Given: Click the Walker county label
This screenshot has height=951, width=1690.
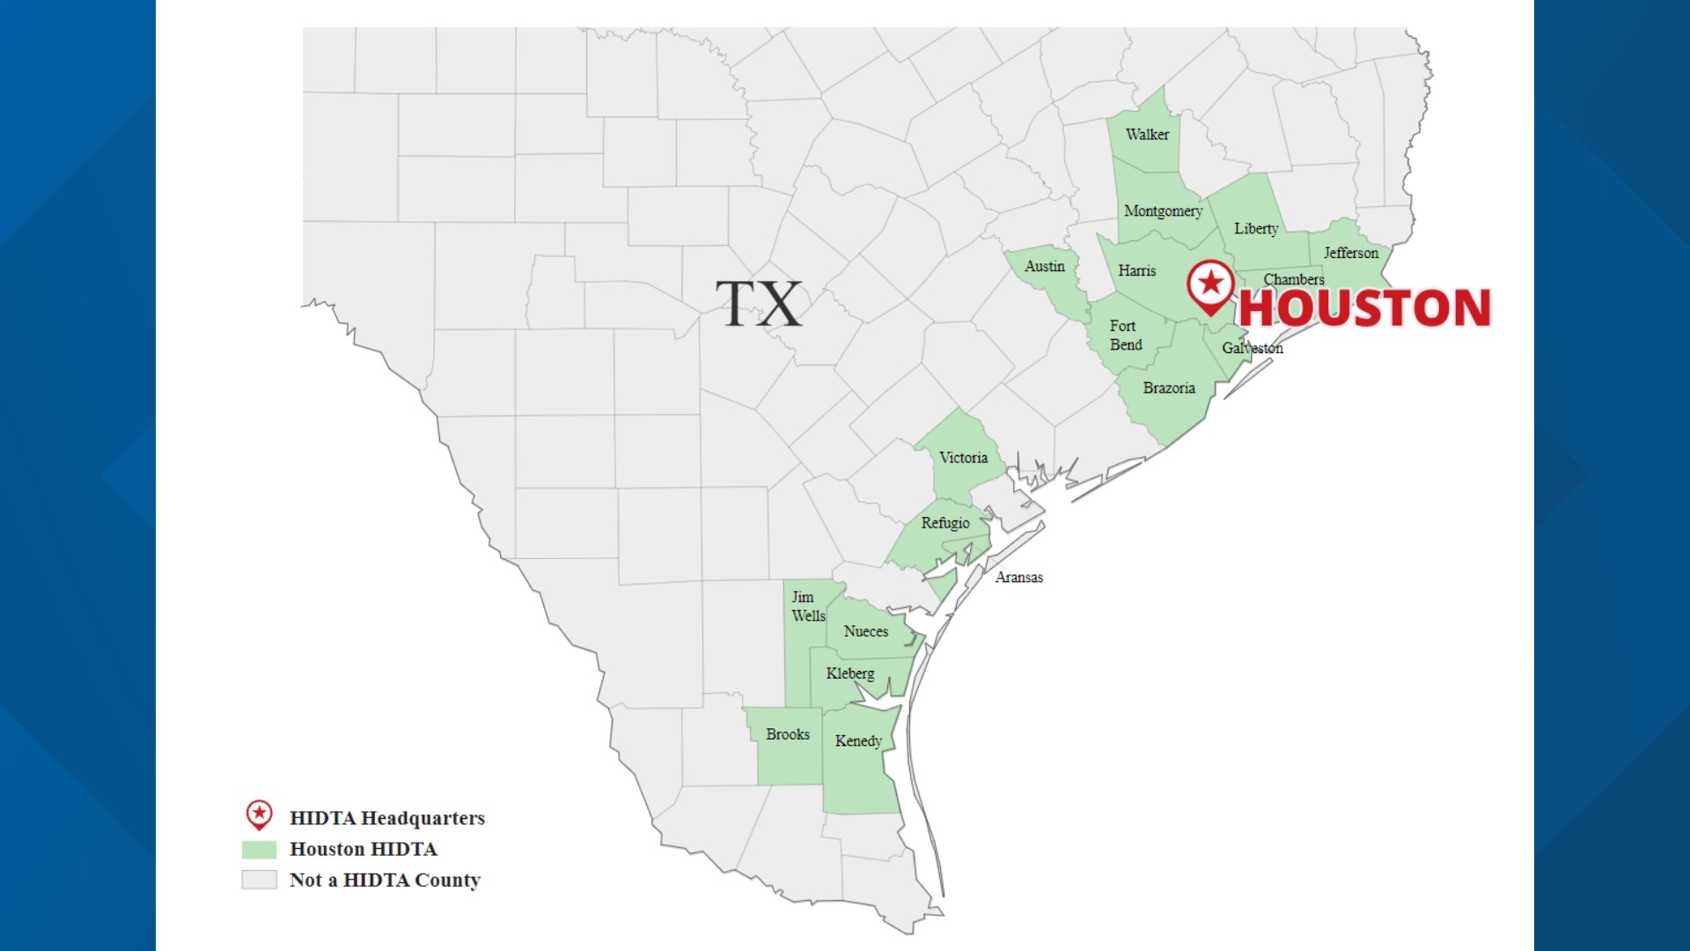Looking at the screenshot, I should click(1147, 135).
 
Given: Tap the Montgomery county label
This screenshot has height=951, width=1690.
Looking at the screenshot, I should click(1163, 211).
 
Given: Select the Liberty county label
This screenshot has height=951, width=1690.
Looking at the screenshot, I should click(1256, 229).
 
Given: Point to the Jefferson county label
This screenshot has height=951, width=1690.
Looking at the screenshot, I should click(1351, 254).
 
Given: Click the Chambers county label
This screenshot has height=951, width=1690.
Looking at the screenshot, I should click(1294, 280).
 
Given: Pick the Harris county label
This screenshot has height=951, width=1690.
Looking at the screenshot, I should click(1137, 271).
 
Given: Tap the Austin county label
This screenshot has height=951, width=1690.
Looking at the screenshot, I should click(1045, 267).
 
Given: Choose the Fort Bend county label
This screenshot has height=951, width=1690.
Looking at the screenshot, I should click(1126, 335).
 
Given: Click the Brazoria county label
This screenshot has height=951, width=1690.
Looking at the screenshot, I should click(1169, 388).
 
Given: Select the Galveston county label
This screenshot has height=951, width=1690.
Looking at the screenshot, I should click(1253, 349).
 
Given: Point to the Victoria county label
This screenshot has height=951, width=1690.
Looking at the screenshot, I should click(963, 458).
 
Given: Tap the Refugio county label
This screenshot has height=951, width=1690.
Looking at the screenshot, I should click(945, 523).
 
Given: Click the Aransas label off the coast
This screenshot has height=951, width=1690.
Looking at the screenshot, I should click(1019, 578).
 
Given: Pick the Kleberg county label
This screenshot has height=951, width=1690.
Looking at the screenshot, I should click(850, 674).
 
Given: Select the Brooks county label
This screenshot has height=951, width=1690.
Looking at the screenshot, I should click(788, 734).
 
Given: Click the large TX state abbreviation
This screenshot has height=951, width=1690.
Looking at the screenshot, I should click(759, 304).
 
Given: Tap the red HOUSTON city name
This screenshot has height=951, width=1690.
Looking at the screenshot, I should click(1365, 308).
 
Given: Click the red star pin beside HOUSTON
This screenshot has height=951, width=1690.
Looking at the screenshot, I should click(1211, 284).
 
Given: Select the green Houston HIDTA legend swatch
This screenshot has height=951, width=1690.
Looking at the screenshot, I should click(259, 850).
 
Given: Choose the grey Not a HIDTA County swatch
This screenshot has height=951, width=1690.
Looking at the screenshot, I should click(259, 880).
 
